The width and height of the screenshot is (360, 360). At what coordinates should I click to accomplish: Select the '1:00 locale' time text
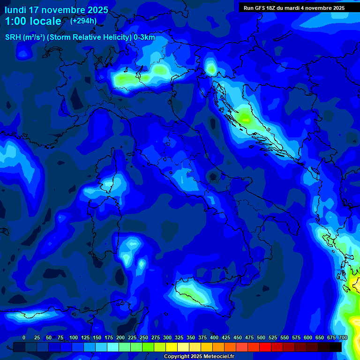tap(33, 22)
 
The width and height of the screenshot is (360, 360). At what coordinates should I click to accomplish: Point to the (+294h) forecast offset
tap(83, 21)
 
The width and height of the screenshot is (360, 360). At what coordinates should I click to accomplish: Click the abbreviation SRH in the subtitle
tap(13, 37)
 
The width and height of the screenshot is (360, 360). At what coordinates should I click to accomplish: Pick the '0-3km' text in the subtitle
tap(144, 37)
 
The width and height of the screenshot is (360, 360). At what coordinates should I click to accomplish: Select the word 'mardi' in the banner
tap(298, 8)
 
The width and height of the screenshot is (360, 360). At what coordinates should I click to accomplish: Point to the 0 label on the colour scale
tap(24, 338)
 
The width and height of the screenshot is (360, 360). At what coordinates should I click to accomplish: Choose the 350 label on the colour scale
tap(191, 338)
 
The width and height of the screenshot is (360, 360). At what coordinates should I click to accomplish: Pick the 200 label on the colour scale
tap(120, 338)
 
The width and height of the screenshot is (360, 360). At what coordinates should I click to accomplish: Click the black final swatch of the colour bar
tap(336, 347)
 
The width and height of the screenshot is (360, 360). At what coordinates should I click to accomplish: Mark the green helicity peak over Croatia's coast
tap(246, 117)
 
